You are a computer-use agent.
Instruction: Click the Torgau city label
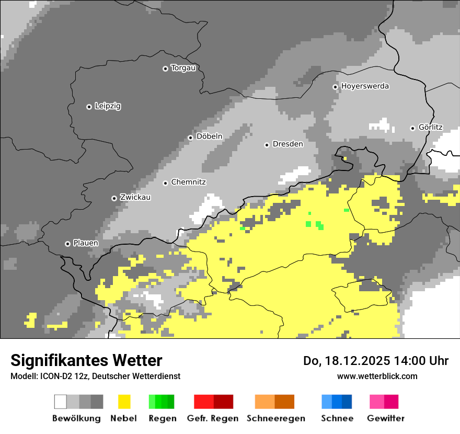[183, 68]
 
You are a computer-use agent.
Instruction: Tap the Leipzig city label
[108, 106]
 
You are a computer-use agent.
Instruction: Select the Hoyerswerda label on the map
[365, 86]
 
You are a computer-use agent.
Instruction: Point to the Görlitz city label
[430, 128]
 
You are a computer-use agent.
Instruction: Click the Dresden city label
[287, 144]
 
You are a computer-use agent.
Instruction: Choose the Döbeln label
[209, 136]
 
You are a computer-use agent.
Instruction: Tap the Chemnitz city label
[188, 182]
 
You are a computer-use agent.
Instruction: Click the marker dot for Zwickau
[114, 198]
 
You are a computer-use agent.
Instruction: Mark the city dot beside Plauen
[67, 244]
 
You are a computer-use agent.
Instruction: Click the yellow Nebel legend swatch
[124, 402]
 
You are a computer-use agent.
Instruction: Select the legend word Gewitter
[385, 418]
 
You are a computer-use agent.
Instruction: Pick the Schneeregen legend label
[275, 418]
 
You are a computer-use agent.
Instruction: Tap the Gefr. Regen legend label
[213, 418]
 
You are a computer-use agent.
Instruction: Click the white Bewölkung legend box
[61, 402]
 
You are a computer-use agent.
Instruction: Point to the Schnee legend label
[337, 418]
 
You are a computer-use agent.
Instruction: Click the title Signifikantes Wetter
[86, 361]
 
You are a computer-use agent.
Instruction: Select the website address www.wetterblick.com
[377, 376]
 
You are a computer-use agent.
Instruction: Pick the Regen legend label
[162, 418]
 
